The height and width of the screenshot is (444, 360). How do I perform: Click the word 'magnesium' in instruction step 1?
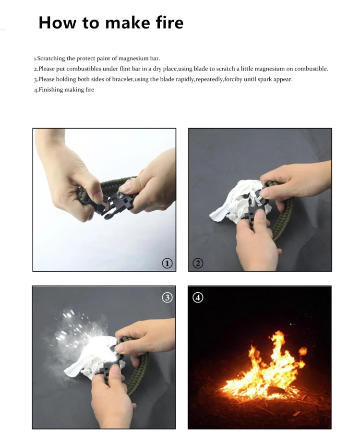pos(133,59)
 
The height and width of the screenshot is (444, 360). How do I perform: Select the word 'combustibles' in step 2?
pos(84,69)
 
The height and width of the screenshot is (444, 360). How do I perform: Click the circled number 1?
pos(167,264)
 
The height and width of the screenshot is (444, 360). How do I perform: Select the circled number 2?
pos(198,264)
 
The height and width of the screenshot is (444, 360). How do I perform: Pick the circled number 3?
pos(167,297)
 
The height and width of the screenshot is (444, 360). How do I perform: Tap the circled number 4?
pos(198,297)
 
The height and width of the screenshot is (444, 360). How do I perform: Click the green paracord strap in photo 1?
pos(113,184)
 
